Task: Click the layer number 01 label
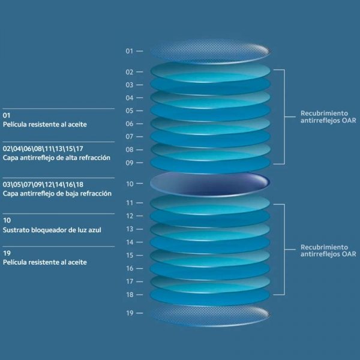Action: pyautogui.click(x=129, y=51)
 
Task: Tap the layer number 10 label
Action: pyautogui.click(x=129, y=184)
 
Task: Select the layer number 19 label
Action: pyautogui.click(x=129, y=313)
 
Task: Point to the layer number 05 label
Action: pyautogui.click(x=129, y=111)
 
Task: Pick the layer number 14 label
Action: pyautogui.click(x=129, y=242)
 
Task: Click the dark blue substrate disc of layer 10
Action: pyautogui.click(x=209, y=184)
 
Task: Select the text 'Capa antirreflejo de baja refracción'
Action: pyautogui.click(x=56, y=194)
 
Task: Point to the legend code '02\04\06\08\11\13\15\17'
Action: pyautogui.click(x=43, y=148)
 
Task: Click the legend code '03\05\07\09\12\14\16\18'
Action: pyautogui.click(x=43, y=185)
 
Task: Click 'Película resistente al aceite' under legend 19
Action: pyautogui.click(x=45, y=262)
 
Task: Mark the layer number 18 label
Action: pyautogui.click(x=129, y=295)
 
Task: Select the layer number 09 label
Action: pyautogui.click(x=129, y=163)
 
